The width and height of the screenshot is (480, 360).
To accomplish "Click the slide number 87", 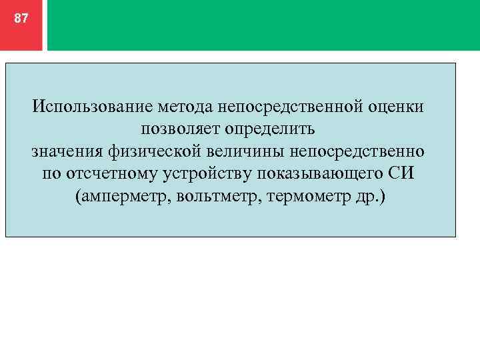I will point(21,19).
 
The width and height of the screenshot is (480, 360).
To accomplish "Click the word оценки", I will point(397,106).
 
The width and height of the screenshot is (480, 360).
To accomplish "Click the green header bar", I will point(263,25).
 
